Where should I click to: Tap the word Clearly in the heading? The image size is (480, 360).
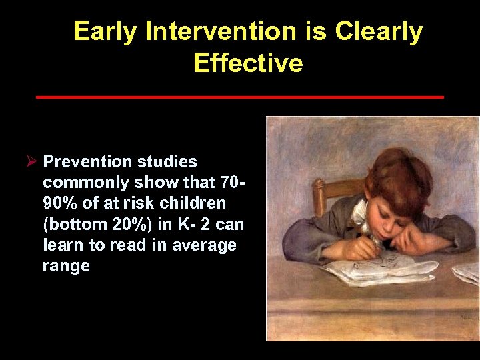pyautogui.click(x=378, y=32)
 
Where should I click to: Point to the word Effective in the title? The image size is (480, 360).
pyautogui.click(x=247, y=63)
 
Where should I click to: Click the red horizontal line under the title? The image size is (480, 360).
pyautogui.click(x=239, y=97)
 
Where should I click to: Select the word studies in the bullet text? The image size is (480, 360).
pyautogui.click(x=167, y=161)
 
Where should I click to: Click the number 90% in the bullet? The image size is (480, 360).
pyautogui.click(x=59, y=203)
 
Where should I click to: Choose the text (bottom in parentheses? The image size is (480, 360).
pyautogui.click(x=71, y=224)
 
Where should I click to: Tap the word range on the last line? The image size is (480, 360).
pyautogui.click(x=65, y=266)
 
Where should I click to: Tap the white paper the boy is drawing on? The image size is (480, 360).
pyautogui.click(x=373, y=270)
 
